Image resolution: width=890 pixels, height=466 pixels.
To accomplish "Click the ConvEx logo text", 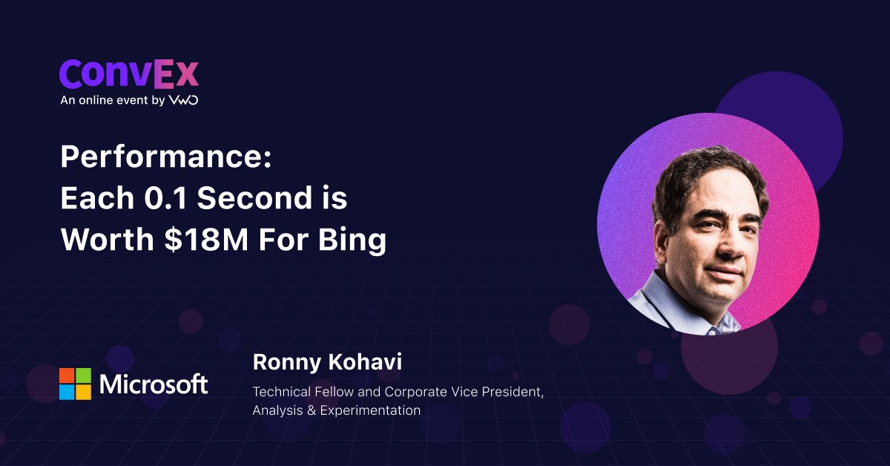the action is [x=129, y=73].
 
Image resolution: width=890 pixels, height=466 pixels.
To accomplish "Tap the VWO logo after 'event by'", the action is [x=184, y=100].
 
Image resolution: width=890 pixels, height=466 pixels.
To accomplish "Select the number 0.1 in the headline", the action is [x=165, y=197].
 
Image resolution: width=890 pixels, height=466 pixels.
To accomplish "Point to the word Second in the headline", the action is [x=254, y=197].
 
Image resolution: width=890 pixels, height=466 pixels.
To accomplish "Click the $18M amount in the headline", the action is [x=207, y=240].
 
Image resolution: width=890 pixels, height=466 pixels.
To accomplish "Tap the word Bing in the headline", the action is [x=352, y=241].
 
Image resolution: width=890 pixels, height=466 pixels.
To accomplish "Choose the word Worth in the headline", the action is [x=108, y=240].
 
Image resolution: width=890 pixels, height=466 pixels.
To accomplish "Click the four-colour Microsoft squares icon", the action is [x=75, y=384].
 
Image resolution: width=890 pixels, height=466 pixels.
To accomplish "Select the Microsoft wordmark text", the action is [x=154, y=384].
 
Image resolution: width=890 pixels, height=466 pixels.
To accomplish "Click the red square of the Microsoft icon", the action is [x=67, y=375].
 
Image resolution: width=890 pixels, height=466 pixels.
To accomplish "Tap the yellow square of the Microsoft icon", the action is [x=83, y=392].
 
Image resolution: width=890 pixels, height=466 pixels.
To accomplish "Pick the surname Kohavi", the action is [x=365, y=362].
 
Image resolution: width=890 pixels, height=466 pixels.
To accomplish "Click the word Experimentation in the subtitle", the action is [x=370, y=410].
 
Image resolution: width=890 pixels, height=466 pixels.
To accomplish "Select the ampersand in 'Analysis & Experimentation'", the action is [x=311, y=410].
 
